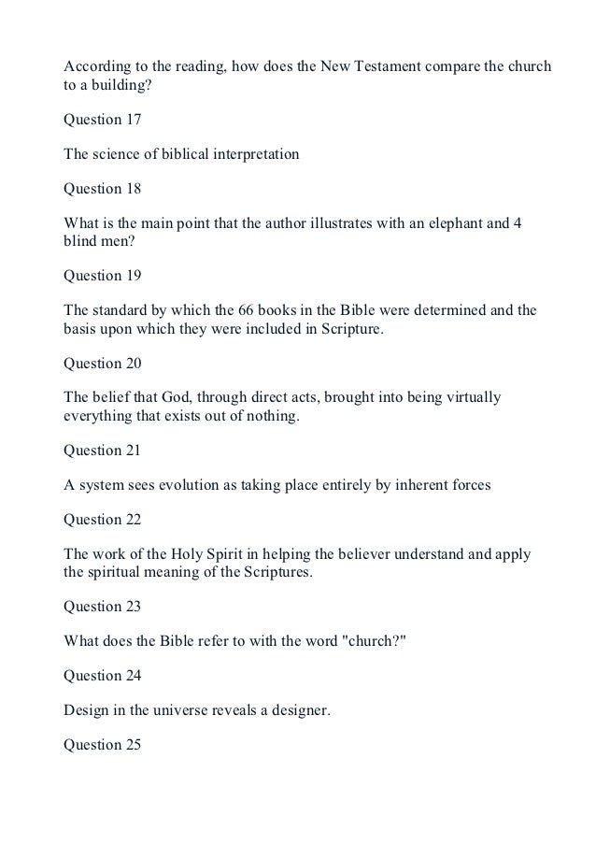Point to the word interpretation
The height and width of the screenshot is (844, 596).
(x=257, y=154)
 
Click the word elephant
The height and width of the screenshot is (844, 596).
(x=434, y=223)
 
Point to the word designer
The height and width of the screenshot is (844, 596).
(x=295, y=709)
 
